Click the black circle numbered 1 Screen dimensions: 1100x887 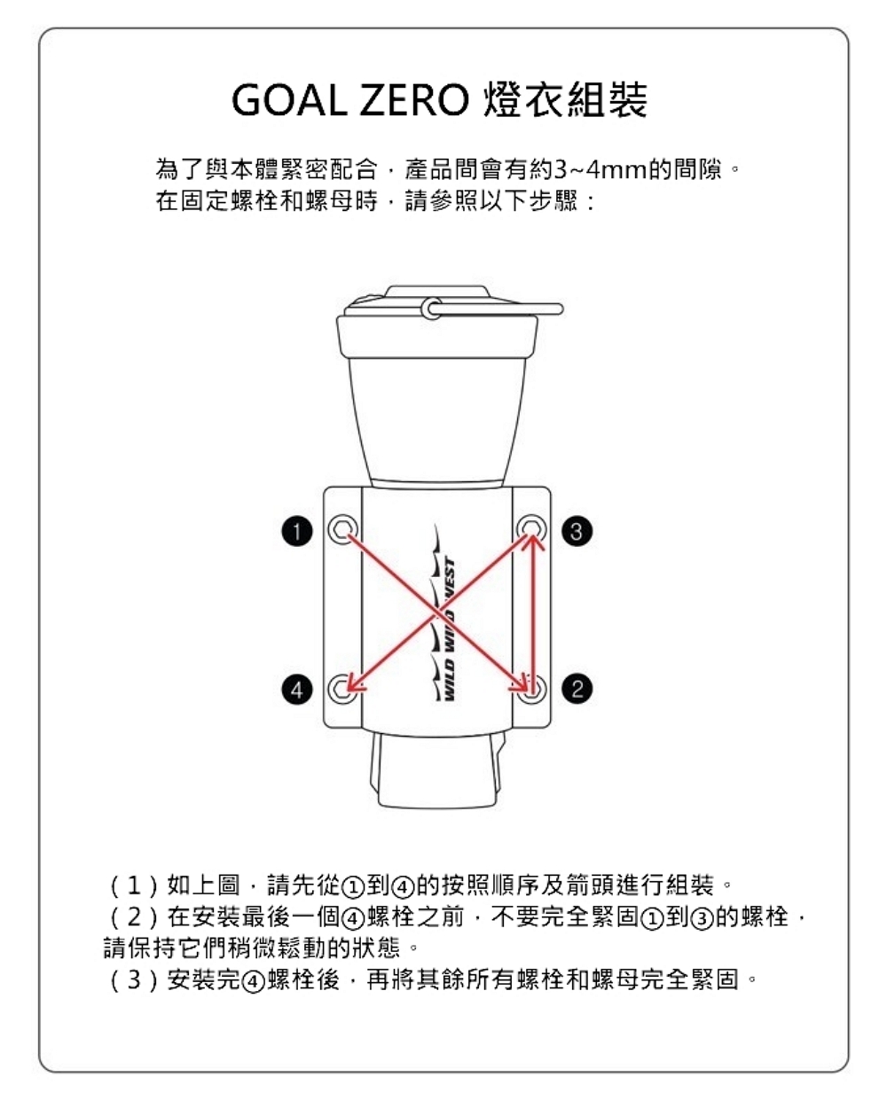tap(298, 531)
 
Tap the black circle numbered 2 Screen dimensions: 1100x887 tap(577, 689)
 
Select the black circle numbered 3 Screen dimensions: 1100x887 tap(577, 531)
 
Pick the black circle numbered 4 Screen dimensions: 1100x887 tap(298, 689)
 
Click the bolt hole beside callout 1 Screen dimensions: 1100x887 tap(341, 529)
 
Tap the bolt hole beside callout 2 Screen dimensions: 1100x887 tap(532, 689)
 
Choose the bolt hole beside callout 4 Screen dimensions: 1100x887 tap(341, 689)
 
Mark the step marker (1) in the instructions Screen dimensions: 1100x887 tap(133, 885)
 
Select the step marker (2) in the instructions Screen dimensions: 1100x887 tap(133, 917)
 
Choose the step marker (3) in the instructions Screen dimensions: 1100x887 tap(133, 980)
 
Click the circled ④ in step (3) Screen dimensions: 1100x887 tap(254, 981)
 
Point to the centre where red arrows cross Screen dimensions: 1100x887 tap(437, 609)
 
